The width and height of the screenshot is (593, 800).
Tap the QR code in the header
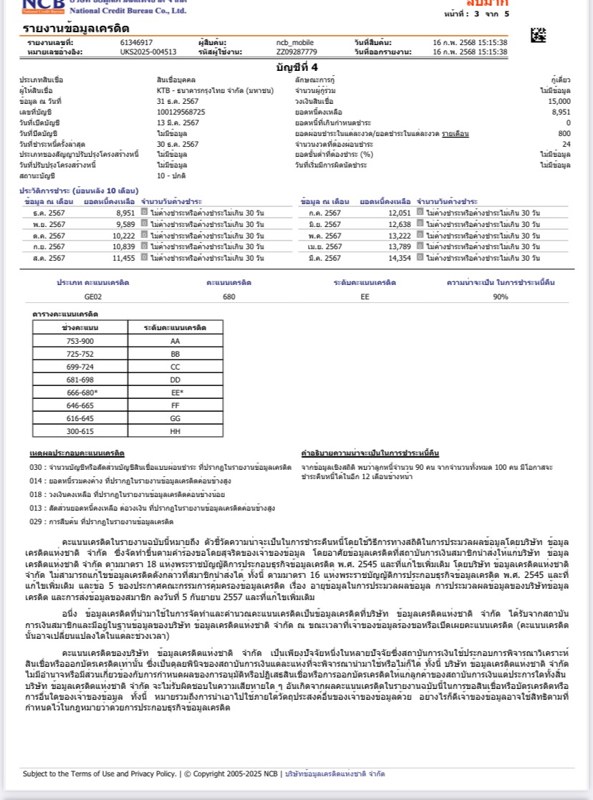point(538,34)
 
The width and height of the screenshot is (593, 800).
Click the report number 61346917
point(136,42)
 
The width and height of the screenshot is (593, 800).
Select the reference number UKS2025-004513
point(148,52)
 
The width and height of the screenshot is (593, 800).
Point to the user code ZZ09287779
point(296,52)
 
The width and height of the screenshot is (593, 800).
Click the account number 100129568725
point(180,112)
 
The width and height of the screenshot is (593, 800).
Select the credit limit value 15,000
point(559,101)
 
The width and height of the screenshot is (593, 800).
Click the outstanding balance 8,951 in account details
point(561,112)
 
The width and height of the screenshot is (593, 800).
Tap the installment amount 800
point(564,133)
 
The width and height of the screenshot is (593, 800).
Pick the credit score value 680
point(229,297)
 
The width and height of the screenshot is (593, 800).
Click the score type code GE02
point(93,297)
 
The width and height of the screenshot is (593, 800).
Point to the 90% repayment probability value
point(501,297)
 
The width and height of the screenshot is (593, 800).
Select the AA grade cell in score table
point(175,341)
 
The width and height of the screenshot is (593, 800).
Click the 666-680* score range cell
point(80,392)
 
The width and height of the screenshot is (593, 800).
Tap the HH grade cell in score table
point(175,431)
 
